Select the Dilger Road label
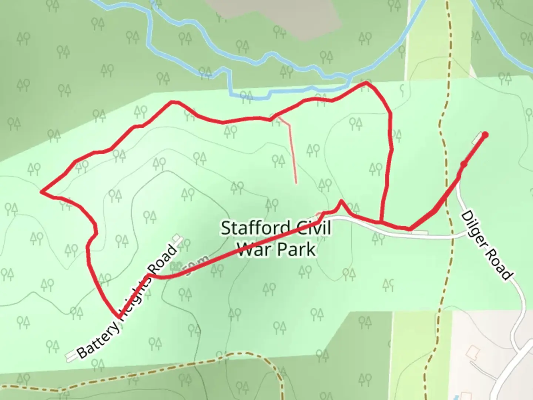(487, 245)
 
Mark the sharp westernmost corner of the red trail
(41, 191)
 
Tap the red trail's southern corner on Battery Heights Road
(119, 317)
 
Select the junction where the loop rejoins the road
(381, 222)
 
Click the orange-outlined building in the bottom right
(473, 350)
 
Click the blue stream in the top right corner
(496, 37)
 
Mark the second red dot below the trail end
(463, 164)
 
